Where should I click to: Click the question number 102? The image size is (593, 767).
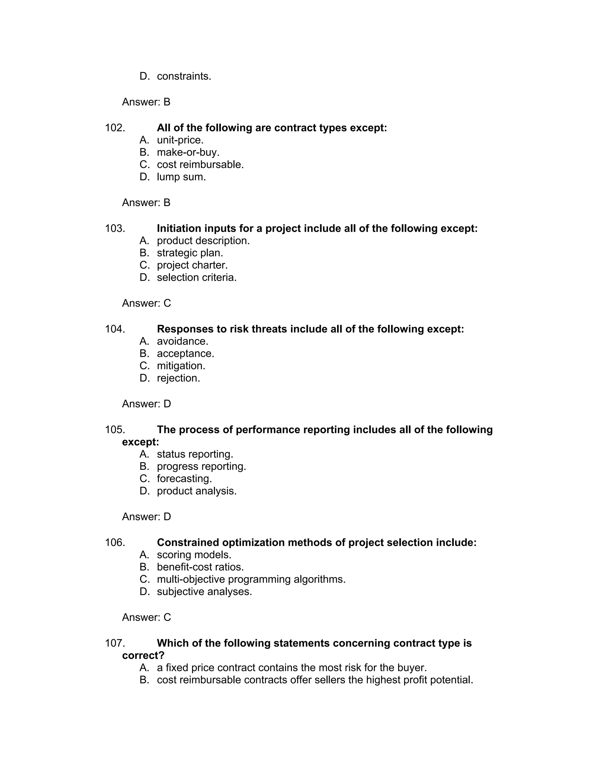tap(115, 128)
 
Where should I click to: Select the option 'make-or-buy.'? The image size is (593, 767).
tap(188, 153)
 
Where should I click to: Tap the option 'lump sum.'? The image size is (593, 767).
tap(181, 177)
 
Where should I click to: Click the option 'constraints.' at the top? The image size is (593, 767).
tap(184, 76)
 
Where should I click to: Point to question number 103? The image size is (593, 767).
tap(115, 229)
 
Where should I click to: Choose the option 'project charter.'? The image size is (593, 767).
tap(192, 265)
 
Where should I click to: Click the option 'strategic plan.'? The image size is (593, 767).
tap(190, 253)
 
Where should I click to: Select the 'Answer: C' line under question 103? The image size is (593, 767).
tap(146, 303)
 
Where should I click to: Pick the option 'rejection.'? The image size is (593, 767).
tap(178, 378)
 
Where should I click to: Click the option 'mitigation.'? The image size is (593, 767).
tap(181, 366)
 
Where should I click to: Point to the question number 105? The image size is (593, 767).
tap(115, 430)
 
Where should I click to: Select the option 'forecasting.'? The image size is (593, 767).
tap(184, 479)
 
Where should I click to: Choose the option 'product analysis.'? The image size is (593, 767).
tap(197, 491)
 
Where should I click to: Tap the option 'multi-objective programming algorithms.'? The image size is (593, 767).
tap(251, 579)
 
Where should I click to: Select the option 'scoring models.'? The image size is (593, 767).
tap(194, 555)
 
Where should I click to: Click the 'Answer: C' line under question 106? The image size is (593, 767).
tap(146, 617)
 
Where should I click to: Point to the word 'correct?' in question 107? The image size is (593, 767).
tap(143, 656)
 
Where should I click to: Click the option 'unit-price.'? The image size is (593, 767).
tap(180, 140)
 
